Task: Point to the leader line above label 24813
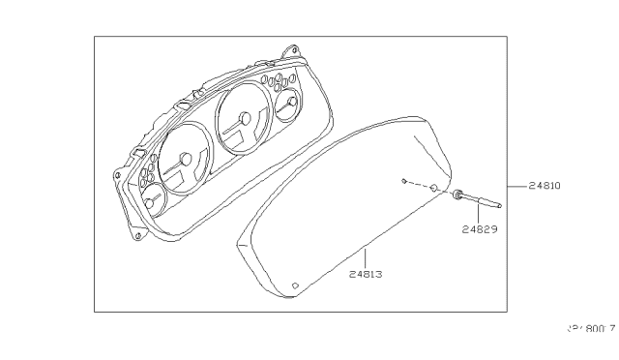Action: [x=364, y=258]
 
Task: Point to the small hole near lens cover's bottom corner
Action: [x=295, y=285]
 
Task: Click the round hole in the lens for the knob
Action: [x=434, y=188]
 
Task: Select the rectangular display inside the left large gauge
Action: [x=178, y=177]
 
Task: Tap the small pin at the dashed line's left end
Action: [x=402, y=179]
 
